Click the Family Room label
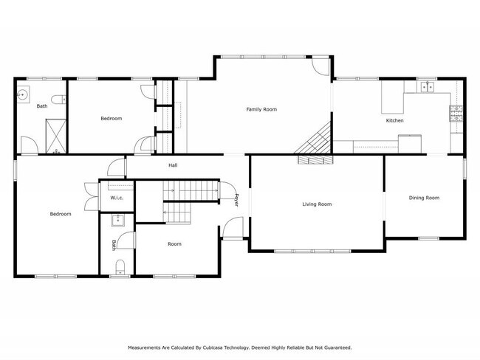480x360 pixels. [261, 109]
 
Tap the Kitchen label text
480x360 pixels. [394, 120]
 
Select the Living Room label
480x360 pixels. [317, 204]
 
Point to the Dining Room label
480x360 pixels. [425, 197]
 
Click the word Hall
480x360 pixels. [173, 165]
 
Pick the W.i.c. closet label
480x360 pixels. [117, 198]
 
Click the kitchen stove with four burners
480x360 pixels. [455, 114]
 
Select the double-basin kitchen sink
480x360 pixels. [427, 87]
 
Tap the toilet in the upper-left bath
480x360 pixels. [58, 99]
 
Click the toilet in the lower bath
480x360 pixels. [120, 266]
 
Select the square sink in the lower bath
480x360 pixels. [117, 220]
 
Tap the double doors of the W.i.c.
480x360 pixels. [89, 197]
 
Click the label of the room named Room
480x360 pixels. [174, 243]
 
